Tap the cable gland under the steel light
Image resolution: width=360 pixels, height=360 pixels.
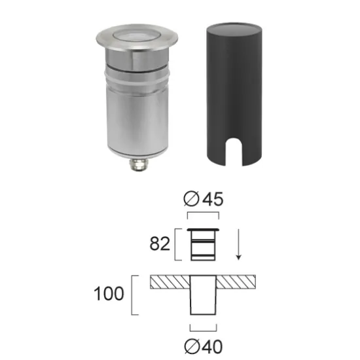(x=139, y=164)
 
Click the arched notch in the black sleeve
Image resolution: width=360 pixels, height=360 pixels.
(x=234, y=152)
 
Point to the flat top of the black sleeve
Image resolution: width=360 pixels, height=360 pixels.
(x=234, y=28)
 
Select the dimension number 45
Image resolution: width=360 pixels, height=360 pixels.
(x=213, y=199)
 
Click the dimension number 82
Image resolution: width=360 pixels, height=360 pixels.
(x=160, y=243)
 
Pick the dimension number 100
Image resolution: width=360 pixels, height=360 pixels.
(x=109, y=293)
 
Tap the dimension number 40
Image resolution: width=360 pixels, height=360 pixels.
(x=213, y=346)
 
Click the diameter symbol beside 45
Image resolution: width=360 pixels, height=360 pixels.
(x=191, y=199)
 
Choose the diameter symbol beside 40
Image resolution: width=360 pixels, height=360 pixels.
(x=192, y=346)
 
